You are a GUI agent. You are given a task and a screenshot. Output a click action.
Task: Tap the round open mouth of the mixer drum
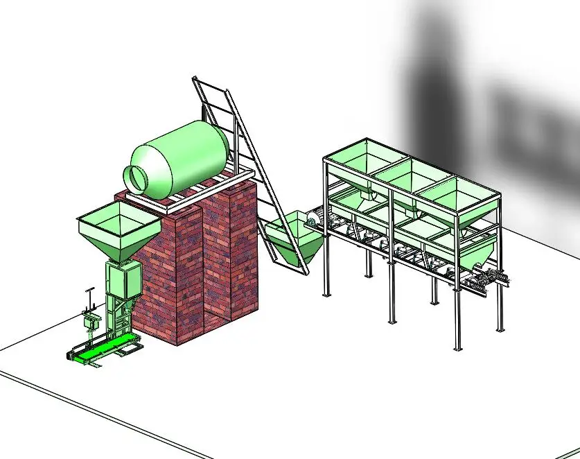[x=139, y=177]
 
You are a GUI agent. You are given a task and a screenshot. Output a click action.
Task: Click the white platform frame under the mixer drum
[x=187, y=197]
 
